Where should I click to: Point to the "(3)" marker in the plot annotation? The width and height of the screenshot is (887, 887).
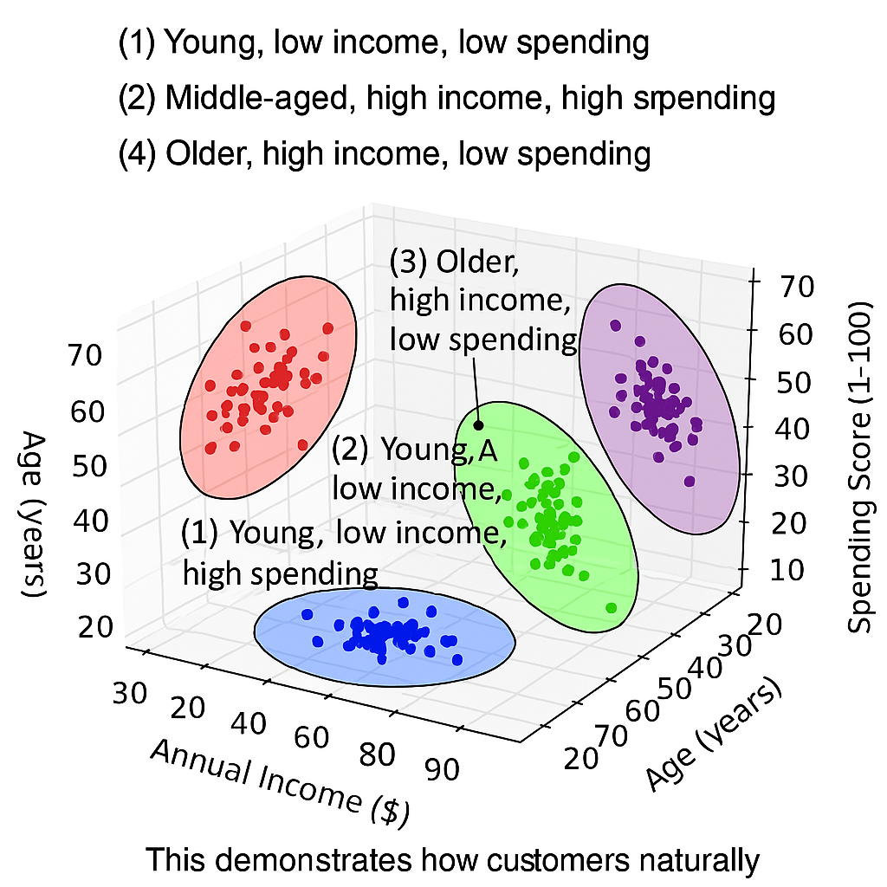[410, 260]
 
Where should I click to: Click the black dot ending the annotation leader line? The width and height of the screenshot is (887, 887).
[478, 424]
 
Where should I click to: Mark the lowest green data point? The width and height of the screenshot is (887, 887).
[612, 607]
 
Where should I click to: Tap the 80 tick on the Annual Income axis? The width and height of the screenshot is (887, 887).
[379, 754]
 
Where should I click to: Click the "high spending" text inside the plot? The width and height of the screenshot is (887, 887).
[280, 573]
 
